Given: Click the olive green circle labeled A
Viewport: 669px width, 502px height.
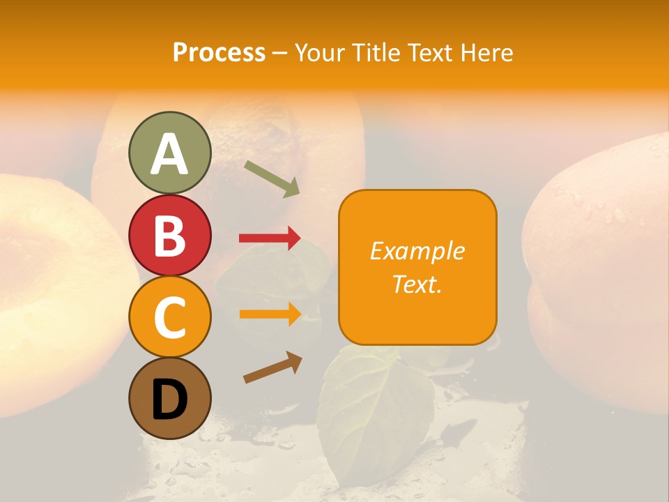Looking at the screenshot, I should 169,153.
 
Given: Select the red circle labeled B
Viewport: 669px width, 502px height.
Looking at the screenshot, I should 169,235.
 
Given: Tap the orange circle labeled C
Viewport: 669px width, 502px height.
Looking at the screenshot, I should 169,317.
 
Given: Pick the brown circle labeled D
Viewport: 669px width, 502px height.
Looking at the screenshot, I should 169,398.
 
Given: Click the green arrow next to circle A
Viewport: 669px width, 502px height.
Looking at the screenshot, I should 272,178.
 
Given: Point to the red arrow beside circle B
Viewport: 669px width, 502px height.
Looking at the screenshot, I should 270,238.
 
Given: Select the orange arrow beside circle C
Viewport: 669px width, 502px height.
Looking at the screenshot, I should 270,314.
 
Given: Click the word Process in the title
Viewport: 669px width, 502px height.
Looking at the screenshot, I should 219,52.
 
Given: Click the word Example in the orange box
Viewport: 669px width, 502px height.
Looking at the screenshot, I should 417,251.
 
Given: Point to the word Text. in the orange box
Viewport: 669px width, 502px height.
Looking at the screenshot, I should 417,284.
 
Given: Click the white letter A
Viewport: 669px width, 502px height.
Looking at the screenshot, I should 169,154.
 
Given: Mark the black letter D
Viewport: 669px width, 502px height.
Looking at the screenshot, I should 169,400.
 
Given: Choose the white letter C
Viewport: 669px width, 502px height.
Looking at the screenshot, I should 169,317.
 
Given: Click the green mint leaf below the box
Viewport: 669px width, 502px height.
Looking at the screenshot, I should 373,411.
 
